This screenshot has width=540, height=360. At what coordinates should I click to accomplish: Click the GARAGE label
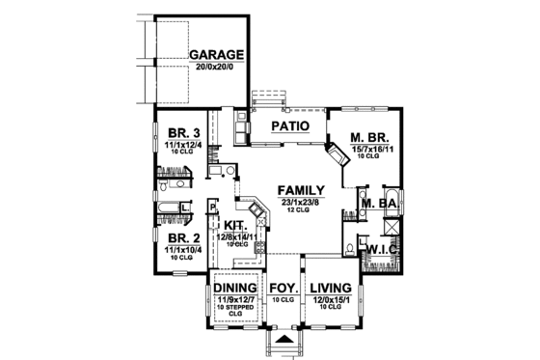pyautogui.click(x=216, y=55)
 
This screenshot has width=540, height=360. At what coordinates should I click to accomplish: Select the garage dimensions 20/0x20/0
pyautogui.click(x=216, y=68)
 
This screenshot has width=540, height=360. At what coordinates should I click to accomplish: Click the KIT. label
pyautogui.click(x=235, y=224)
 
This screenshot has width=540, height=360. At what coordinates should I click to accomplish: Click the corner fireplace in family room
pyautogui.click(x=335, y=156)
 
